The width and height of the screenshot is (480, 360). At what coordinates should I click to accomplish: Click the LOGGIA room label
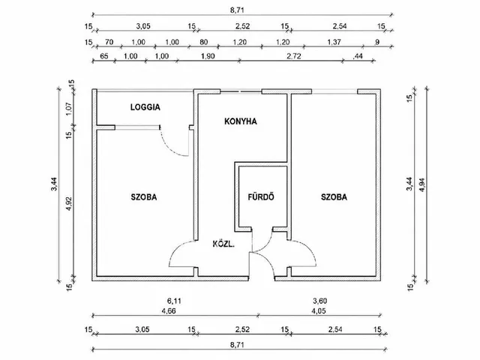145,107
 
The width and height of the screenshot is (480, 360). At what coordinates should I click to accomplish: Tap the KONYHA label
241,121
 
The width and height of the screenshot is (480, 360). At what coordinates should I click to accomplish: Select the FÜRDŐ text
261,196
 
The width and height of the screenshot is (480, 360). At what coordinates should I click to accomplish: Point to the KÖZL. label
223,244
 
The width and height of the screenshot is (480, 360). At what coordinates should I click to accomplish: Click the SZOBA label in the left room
144,196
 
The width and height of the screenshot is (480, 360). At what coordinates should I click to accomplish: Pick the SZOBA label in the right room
334,196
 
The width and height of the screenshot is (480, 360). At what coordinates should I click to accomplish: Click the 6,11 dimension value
174,301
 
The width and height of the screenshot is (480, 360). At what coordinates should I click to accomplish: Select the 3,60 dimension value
320,301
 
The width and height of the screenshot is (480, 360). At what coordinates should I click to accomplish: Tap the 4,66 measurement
169,311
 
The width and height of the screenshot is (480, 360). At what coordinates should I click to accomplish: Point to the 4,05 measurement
319,311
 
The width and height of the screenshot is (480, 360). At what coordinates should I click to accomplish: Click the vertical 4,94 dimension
422,185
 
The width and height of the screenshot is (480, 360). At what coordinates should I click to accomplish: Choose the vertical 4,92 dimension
69,203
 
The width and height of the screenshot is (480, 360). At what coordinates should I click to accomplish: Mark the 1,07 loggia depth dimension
69,107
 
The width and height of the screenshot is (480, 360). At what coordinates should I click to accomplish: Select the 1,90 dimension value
208,56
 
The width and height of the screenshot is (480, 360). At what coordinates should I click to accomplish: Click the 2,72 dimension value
294,56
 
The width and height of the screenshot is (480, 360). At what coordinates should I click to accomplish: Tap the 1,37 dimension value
334,42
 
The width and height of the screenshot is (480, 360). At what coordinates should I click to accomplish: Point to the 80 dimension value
203,42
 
